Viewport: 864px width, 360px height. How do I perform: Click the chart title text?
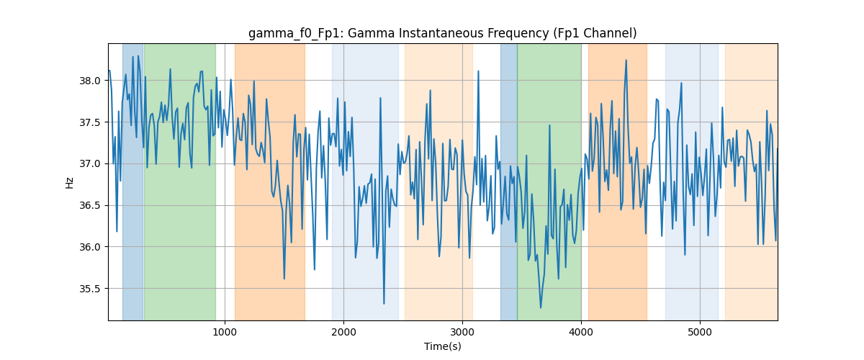[442, 33]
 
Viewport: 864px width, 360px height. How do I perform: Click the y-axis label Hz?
[69, 182]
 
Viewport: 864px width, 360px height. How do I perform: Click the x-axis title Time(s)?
[442, 346]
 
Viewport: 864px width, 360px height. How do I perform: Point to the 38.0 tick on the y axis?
[90, 81]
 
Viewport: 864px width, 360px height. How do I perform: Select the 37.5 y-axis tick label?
[90, 122]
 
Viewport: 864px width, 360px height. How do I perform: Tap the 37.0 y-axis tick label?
[90, 164]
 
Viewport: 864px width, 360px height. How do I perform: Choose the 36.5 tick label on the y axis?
[90, 206]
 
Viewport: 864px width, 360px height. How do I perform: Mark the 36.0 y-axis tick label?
[90, 247]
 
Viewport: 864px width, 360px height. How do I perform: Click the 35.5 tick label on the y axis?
[90, 289]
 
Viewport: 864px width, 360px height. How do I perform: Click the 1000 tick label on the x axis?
[225, 332]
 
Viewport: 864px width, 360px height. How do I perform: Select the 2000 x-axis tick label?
[343, 332]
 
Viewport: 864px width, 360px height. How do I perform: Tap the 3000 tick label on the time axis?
[462, 332]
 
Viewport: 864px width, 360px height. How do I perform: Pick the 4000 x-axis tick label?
[581, 332]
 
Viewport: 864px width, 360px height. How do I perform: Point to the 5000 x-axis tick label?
[700, 332]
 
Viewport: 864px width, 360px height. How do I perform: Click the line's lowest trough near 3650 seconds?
[541, 307]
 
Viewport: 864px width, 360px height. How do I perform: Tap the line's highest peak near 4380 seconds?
[626, 60]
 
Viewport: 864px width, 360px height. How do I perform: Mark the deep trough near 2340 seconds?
[384, 304]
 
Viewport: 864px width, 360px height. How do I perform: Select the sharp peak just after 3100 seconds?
[478, 71]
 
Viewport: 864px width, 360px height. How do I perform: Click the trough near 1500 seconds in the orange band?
[284, 279]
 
